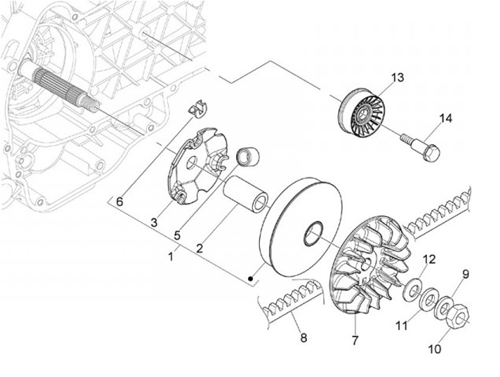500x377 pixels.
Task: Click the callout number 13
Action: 397,78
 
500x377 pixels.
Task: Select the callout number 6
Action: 119,202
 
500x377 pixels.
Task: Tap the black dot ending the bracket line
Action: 252,279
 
